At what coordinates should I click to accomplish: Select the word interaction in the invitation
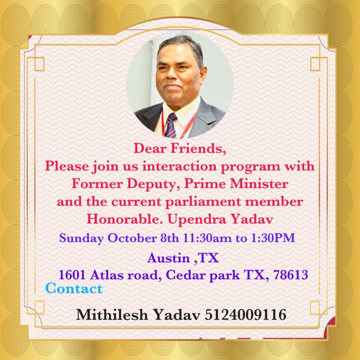(x=179, y=166)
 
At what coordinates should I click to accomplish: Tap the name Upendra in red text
(x=197, y=220)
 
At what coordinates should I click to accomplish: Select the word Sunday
(x=81, y=238)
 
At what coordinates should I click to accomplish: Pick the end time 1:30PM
(x=273, y=238)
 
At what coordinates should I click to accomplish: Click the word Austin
(x=168, y=258)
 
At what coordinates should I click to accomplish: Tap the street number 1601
(x=73, y=275)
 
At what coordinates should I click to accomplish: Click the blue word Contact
(x=74, y=289)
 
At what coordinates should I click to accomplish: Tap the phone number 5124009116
(x=245, y=314)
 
